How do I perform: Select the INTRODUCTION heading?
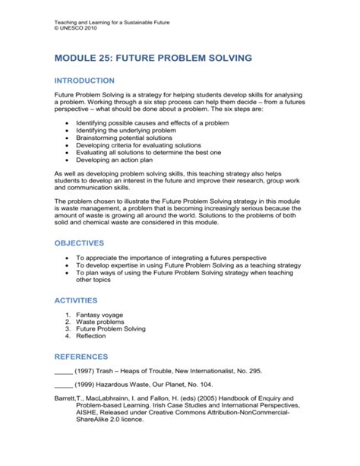84,81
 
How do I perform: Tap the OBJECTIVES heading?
79,244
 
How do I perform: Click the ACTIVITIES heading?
77,300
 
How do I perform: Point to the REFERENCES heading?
81,356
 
